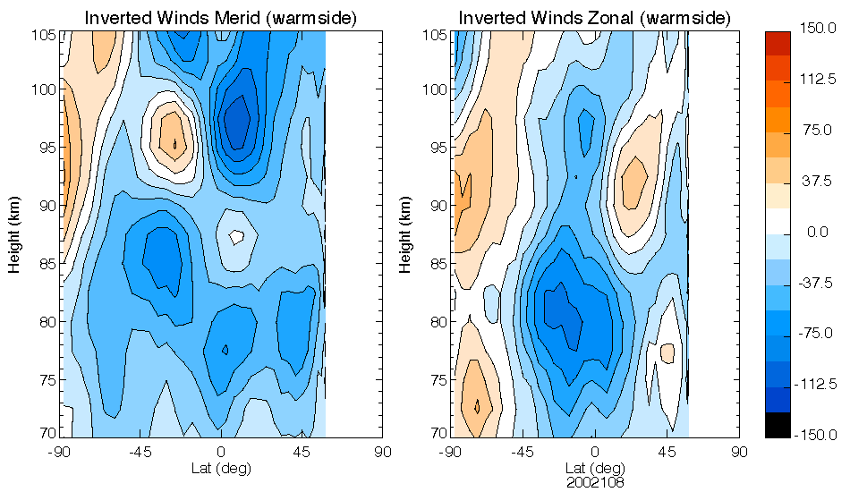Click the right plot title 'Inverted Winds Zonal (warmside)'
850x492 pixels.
point(594,18)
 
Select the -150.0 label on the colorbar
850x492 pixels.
point(815,435)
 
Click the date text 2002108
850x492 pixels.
point(594,481)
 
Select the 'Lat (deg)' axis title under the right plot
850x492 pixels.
point(594,467)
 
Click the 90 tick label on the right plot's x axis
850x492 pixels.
point(739,452)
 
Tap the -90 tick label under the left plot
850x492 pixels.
point(61,452)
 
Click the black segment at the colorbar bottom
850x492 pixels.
point(777,426)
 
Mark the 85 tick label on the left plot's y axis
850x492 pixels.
point(47,264)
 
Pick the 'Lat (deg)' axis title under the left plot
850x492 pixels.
point(221,467)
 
